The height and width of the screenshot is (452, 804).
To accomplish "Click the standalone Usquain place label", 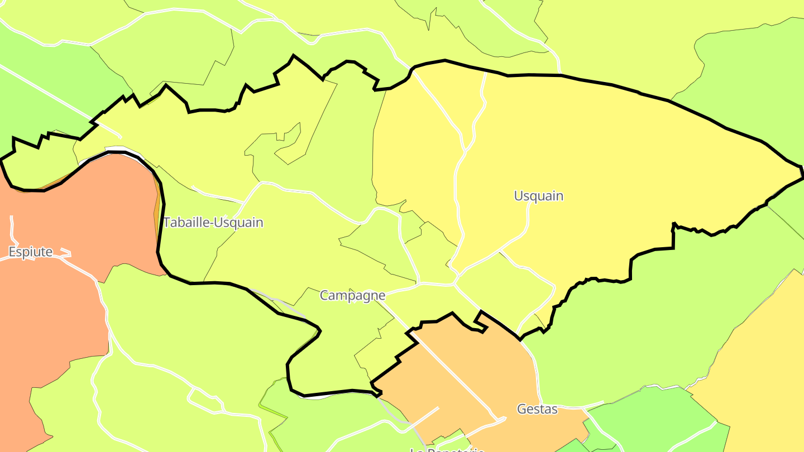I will tap(538, 196).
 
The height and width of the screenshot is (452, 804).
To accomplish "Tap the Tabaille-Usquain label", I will tap(213, 223).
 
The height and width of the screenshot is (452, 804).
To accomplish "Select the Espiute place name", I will tap(31, 252).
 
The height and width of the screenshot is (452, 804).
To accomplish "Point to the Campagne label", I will tap(352, 296).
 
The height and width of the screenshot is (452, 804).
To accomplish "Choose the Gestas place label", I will tap(537, 409).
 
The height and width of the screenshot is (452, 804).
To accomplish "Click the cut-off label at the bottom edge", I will tap(447, 449).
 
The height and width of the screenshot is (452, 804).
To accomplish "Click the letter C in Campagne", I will tap(324, 296).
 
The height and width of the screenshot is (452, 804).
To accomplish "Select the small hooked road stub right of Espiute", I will tap(65, 252).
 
